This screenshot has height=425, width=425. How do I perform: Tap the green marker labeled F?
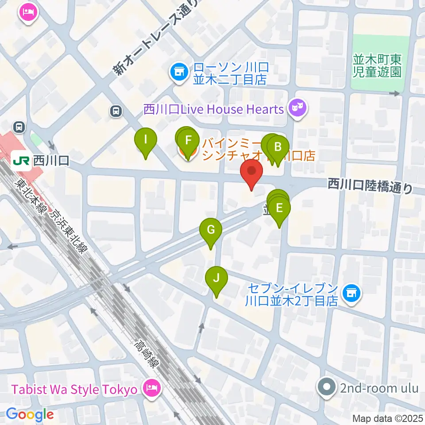click(x=188, y=141)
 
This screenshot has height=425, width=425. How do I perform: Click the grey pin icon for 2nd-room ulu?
click(x=327, y=389)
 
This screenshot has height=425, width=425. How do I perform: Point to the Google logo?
click(x=30, y=415)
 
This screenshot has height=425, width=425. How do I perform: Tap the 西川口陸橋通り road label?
click(x=370, y=185)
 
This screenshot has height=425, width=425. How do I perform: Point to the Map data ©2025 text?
click(x=388, y=418)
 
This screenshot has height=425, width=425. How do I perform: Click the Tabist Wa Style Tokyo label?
click(x=73, y=390)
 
